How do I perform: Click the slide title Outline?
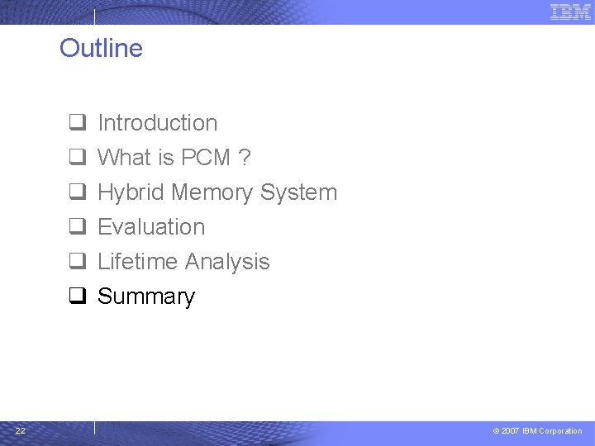click(101, 48)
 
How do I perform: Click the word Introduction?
click(157, 123)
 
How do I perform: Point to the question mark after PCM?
click(245, 158)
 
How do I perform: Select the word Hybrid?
click(131, 193)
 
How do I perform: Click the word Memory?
click(212, 192)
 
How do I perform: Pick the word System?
click(298, 193)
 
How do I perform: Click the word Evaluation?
click(151, 227)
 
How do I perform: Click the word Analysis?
click(226, 263)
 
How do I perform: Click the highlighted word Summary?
click(146, 297)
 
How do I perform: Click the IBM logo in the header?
click(570, 12)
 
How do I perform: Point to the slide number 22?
click(20, 430)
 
